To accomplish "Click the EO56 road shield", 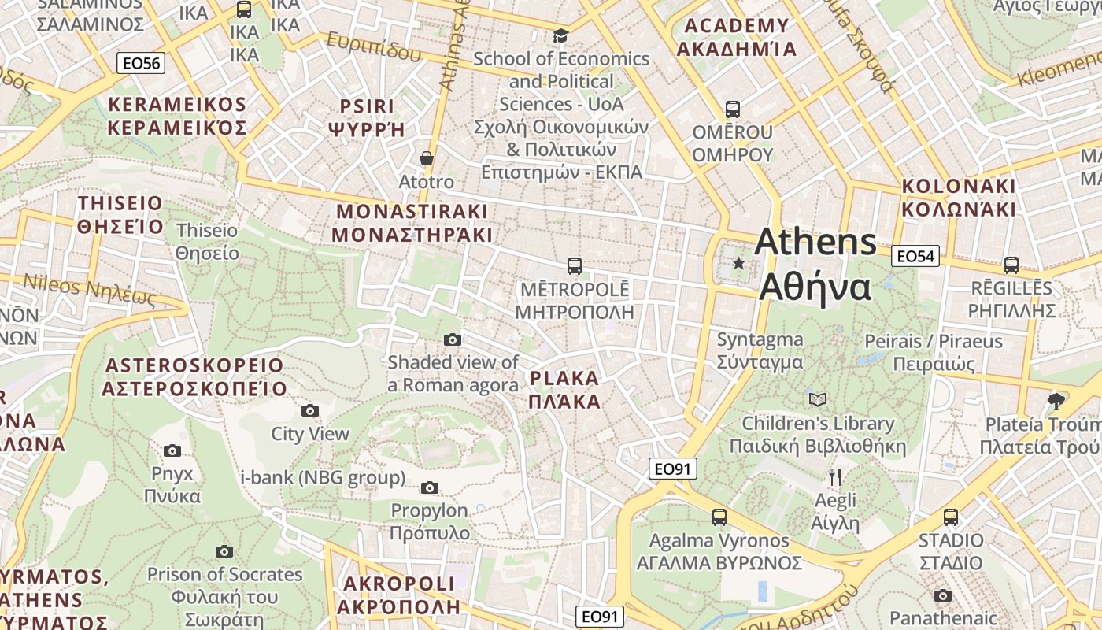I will pyautogui.click(x=141, y=64).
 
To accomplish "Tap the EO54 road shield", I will pyautogui.click(x=915, y=256).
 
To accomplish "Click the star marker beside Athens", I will pyautogui.click(x=738, y=263).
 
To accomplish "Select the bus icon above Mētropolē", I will pyautogui.click(x=575, y=266).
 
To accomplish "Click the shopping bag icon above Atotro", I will pyautogui.click(x=427, y=159).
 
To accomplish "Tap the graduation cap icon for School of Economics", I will pyautogui.click(x=560, y=35).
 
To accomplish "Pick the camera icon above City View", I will pyautogui.click(x=310, y=411).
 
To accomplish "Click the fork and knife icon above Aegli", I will pyautogui.click(x=835, y=476).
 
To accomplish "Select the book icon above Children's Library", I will pyautogui.click(x=819, y=400).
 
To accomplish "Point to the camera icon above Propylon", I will pyautogui.click(x=430, y=488).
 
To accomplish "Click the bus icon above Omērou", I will pyautogui.click(x=733, y=109).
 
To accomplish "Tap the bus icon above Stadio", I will pyautogui.click(x=951, y=517).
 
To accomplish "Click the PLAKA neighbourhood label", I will pyautogui.click(x=564, y=390).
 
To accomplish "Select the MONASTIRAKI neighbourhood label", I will pyautogui.click(x=412, y=223).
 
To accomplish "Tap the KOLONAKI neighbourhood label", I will pyautogui.click(x=959, y=198).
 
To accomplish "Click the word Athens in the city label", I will pyautogui.click(x=815, y=242).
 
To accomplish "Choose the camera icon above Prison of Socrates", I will pyautogui.click(x=224, y=552).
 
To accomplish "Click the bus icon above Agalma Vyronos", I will pyautogui.click(x=719, y=517).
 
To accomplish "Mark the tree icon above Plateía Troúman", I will pyautogui.click(x=1056, y=402).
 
